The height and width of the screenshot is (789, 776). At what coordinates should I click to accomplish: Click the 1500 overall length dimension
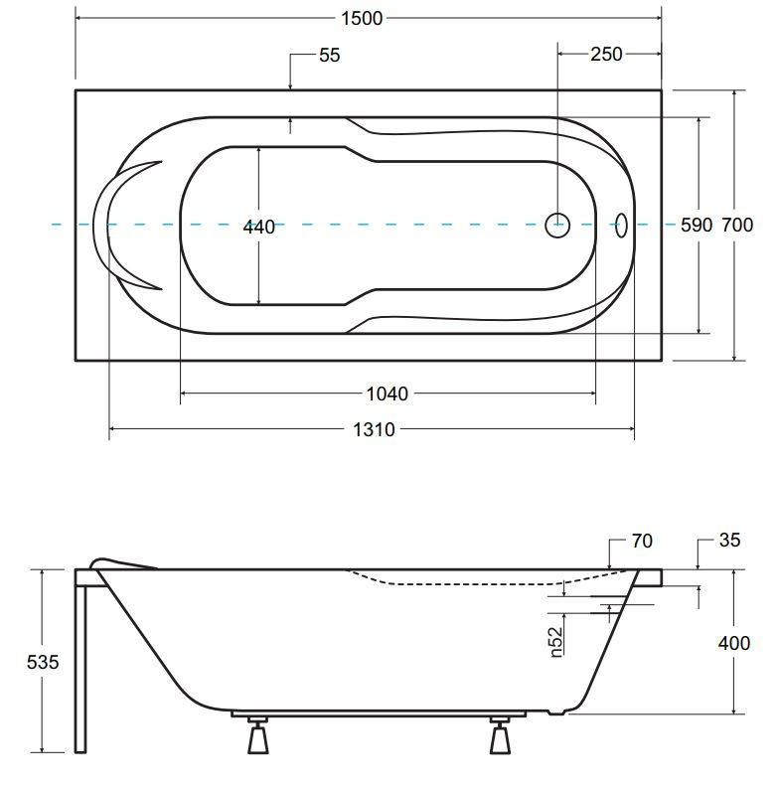pyautogui.click(x=362, y=19)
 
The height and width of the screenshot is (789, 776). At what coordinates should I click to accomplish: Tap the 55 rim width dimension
pyautogui.click(x=330, y=55)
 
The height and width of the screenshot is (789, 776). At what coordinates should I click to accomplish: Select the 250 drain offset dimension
pyautogui.click(x=606, y=54)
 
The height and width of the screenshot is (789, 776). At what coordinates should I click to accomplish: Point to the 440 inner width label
pyautogui.click(x=259, y=227)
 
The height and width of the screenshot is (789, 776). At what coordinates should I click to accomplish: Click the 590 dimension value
pyautogui.click(x=697, y=225)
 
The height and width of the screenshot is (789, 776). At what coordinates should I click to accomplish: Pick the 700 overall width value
pyautogui.click(x=737, y=225)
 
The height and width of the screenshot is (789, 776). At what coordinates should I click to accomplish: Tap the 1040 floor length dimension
pyautogui.click(x=387, y=394)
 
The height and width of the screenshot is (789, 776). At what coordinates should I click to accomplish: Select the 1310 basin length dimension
pyautogui.click(x=374, y=429)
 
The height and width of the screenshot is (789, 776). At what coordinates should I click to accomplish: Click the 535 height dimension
pyautogui.click(x=43, y=662)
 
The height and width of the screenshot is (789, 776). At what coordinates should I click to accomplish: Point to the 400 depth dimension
pyautogui.click(x=734, y=643)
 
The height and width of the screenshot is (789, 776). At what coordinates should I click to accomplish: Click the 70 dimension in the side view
pyautogui.click(x=642, y=541)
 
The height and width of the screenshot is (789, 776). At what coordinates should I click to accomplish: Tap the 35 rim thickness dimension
pyautogui.click(x=729, y=540)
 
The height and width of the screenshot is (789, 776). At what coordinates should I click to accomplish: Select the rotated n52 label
pyautogui.click(x=555, y=642)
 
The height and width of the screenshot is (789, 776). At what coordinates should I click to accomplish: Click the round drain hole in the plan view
pyautogui.click(x=557, y=225)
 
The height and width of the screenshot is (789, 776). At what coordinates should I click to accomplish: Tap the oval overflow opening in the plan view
pyautogui.click(x=622, y=225)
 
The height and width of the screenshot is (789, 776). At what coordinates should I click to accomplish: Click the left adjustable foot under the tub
pyautogui.click(x=258, y=736)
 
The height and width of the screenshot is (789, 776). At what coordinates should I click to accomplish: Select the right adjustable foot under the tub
pyautogui.click(x=500, y=736)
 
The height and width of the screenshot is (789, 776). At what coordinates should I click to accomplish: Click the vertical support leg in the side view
pyautogui.click(x=80, y=669)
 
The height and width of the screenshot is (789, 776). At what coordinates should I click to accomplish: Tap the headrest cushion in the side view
pyautogui.click(x=121, y=562)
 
